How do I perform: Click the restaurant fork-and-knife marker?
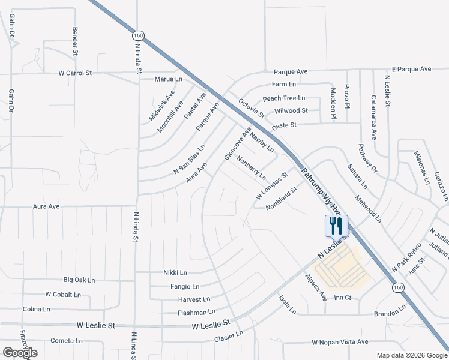tap(336, 226)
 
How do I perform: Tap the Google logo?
tap(20, 352)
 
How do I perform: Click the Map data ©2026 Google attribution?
tap(411, 355)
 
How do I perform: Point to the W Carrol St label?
tap(75, 73)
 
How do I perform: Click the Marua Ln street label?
tap(169, 79)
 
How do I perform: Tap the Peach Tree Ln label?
tap(284, 98)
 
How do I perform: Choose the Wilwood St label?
tap(291, 111)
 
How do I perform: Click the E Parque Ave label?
tap(411, 69)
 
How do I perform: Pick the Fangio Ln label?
tap(184, 286)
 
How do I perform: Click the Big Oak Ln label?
tap(79, 280)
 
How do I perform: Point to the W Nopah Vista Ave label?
tap(339, 342)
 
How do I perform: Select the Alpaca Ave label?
tap(315, 287)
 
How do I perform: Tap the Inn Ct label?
tap(342, 298)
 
